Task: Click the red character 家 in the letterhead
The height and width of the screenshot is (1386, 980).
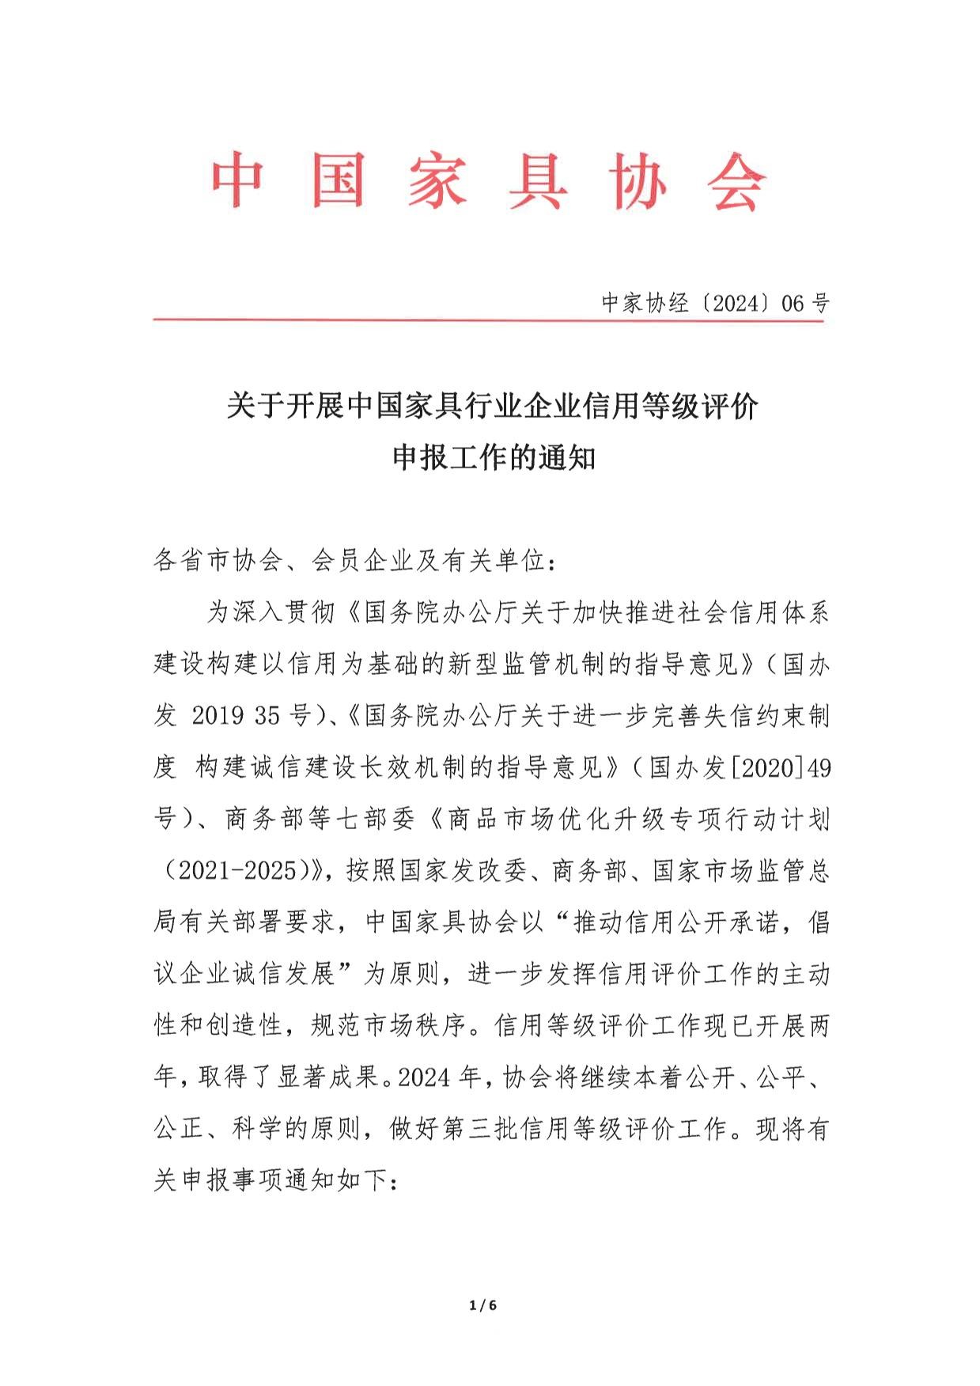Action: point(437,181)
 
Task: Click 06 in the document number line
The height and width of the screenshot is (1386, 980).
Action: point(793,303)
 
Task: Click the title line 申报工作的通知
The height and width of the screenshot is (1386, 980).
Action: point(494,458)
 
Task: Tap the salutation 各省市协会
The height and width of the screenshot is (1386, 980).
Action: point(218,561)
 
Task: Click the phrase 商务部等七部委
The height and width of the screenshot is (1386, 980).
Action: point(320,819)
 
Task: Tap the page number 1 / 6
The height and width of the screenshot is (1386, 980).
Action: point(482,1305)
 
